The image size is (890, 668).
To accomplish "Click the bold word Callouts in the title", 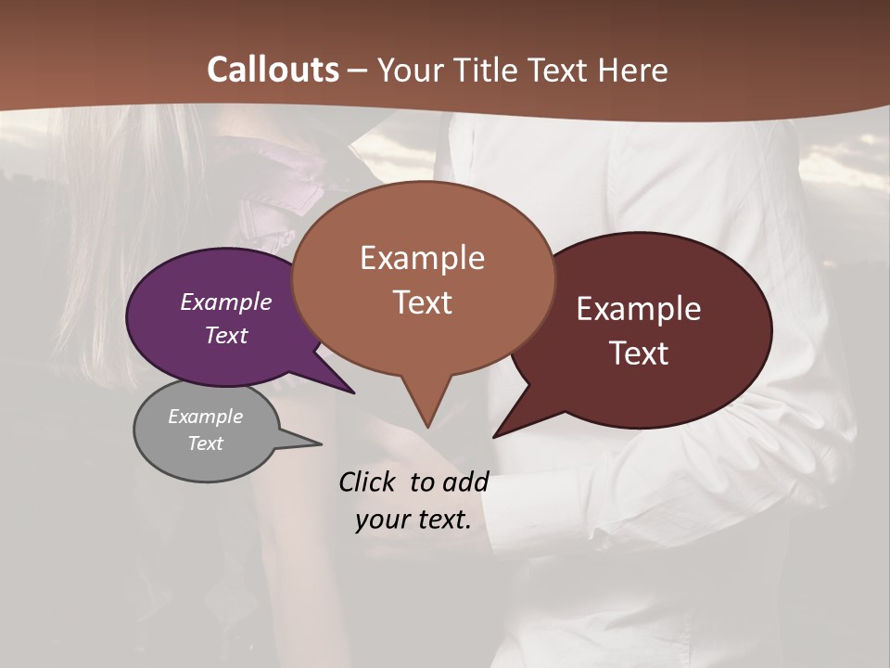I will pos(273,70).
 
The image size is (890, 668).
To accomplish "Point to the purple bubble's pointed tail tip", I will pos(354,392).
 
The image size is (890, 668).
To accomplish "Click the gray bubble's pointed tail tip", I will pos(321,443).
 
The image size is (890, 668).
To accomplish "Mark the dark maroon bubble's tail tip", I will pos(494,436).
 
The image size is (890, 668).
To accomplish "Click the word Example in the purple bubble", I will pos(226,302).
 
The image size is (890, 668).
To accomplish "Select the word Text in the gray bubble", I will pos(206,443).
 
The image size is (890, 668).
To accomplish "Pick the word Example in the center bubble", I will pos(423,258).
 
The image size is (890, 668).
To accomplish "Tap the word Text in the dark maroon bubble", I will pos(640,353).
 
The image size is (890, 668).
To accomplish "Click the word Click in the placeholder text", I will pos(368,482).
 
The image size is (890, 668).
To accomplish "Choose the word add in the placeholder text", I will pos(464,482).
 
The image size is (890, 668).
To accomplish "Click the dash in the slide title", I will pos(357,70).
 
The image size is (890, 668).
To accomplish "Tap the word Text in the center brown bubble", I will pos(423,302).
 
